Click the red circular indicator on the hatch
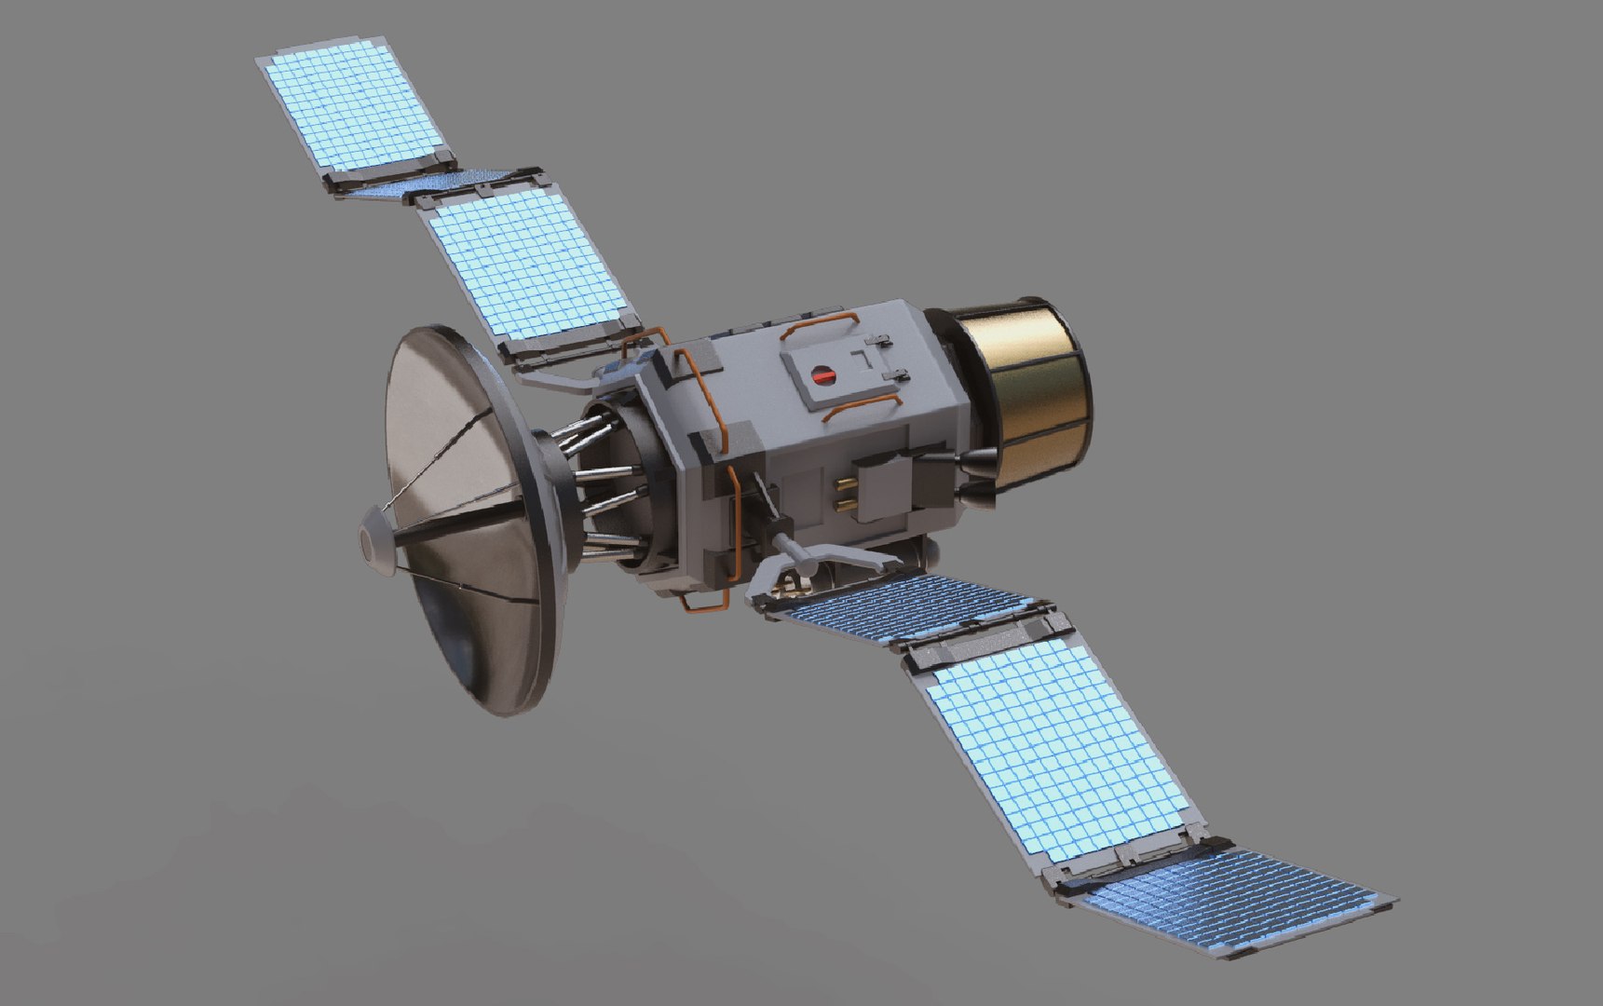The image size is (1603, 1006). coord(823,375)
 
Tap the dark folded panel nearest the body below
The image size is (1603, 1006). coord(903,605)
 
